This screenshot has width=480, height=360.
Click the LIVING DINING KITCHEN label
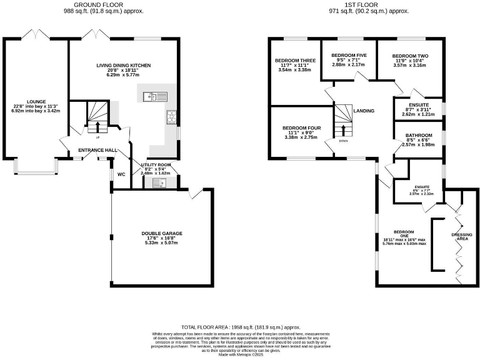click(124, 66)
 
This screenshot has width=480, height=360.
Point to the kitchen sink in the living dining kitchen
click(153, 96)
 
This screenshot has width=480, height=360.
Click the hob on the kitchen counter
click(170, 116)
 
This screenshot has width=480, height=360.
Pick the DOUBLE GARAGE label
click(161, 233)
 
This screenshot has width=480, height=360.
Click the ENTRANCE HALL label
click(97, 151)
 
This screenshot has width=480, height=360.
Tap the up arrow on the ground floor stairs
click(96, 128)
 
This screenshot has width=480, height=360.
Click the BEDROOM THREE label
click(295, 61)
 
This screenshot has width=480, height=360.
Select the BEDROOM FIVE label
click(348, 55)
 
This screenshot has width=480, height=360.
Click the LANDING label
click(364, 111)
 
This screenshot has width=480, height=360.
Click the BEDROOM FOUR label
click(301, 127)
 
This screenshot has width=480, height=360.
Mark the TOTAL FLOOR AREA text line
click(241, 327)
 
